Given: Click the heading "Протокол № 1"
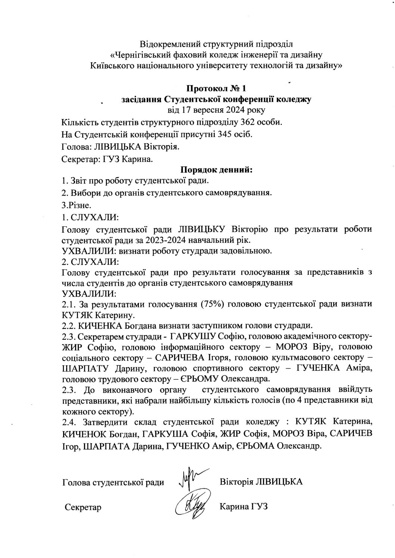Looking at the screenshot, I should point(216,89).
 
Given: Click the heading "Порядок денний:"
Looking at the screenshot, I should point(217,170).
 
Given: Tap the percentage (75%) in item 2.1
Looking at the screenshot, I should point(212,304).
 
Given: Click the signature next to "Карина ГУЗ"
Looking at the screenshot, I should point(191,505).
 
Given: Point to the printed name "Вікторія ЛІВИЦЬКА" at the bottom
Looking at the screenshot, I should point(261,482).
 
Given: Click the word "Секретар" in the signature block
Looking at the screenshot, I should point(83,507).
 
